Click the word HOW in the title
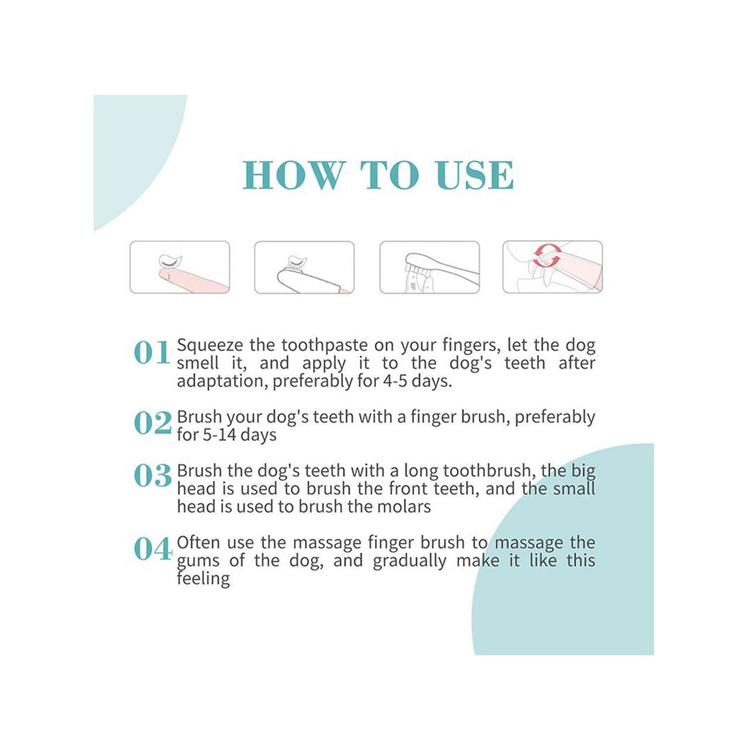[x=294, y=175]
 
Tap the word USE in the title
[x=475, y=175]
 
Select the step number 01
[x=152, y=353]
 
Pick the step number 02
[x=152, y=423]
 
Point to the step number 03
[x=152, y=475]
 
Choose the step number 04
[x=152, y=549]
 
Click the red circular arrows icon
[x=547, y=255]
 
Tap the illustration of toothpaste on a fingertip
[x=180, y=267]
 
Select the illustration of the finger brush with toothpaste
[x=304, y=267]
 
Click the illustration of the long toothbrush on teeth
[x=429, y=267]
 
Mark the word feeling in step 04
[x=203, y=579]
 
